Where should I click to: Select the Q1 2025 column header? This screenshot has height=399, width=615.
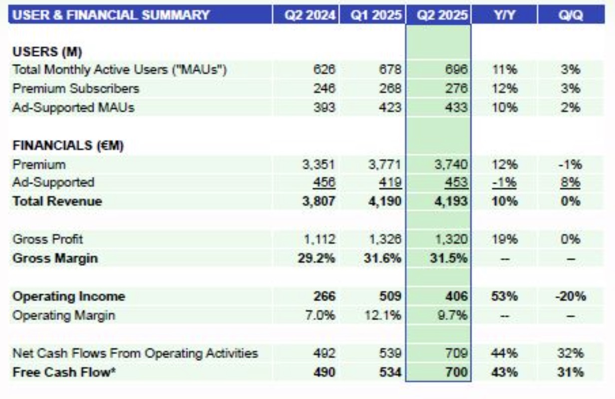pyautogui.click(x=375, y=15)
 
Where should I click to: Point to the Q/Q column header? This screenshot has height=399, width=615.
pyautogui.click(x=571, y=15)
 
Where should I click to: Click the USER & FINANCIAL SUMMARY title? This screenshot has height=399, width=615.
pyautogui.click(x=111, y=15)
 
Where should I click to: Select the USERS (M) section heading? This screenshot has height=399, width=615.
pyautogui.click(x=47, y=51)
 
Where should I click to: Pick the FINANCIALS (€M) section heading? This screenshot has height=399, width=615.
pyautogui.click(x=68, y=146)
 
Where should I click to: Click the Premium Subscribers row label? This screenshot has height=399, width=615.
pyautogui.click(x=76, y=88)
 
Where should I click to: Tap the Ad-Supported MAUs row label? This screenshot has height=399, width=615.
pyautogui.click(x=73, y=107)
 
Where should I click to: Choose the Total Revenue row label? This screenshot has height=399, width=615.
pyautogui.click(x=57, y=201)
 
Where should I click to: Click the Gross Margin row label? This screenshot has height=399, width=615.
pyautogui.click(x=55, y=258)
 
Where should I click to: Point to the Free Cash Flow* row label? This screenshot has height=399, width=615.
pyautogui.click(x=64, y=372)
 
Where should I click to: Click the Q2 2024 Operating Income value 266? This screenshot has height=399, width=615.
pyautogui.click(x=324, y=296)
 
